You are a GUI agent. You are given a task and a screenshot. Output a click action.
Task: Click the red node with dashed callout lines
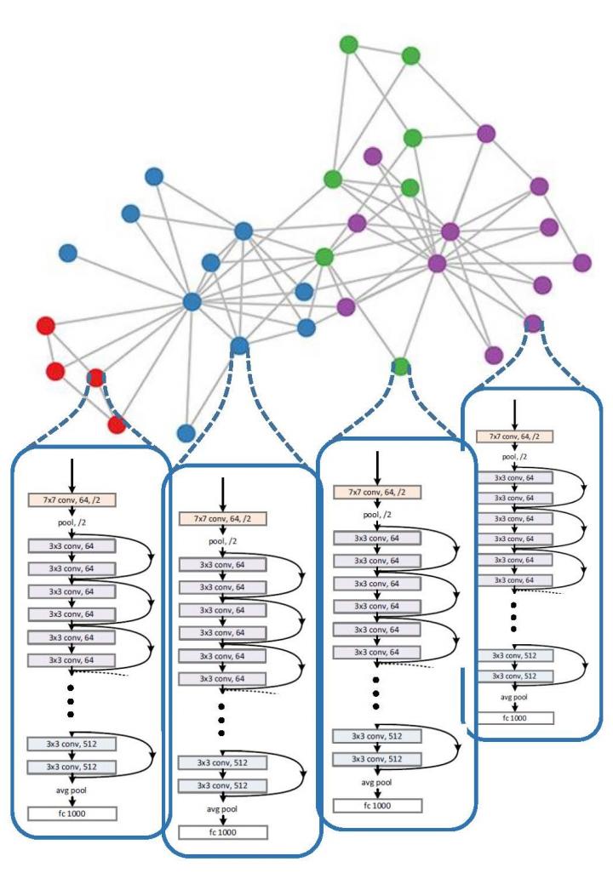click(x=96, y=377)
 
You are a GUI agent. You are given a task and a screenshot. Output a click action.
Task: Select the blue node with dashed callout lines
click(x=239, y=345)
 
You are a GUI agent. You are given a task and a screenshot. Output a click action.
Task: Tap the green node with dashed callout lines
click(x=401, y=366)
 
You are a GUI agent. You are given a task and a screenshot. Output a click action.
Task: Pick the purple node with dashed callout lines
click(x=533, y=322)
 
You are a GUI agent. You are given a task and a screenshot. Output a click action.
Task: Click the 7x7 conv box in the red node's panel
click(x=72, y=498)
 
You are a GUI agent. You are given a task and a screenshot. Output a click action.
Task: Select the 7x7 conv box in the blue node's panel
click(x=222, y=518)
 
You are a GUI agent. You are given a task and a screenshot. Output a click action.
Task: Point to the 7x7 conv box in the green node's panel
click(x=378, y=493)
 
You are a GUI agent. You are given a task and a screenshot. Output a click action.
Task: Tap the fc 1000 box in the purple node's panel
click(x=514, y=716)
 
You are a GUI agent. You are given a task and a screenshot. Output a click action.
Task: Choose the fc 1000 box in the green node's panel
click(x=378, y=805)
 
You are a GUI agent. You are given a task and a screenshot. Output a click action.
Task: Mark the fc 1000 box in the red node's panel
click(x=72, y=814)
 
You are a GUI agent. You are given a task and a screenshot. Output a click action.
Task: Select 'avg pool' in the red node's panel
click(x=72, y=790)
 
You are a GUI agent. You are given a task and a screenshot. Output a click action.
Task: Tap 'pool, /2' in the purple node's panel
click(x=514, y=457)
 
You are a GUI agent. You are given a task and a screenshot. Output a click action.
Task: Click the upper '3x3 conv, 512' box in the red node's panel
click(x=72, y=744)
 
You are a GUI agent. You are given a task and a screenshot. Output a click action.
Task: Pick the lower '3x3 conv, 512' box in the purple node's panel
click(x=514, y=675)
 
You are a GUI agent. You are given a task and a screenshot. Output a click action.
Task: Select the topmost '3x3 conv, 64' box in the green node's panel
click(x=378, y=538)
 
